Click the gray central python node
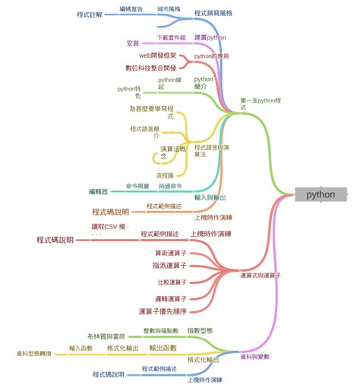(x=321, y=194)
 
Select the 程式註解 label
(x=91, y=14)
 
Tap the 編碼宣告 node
(x=131, y=8)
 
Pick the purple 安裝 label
(x=132, y=43)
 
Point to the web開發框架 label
(x=157, y=55)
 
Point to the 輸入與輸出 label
(x=210, y=197)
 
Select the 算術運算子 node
(x=170, y=252)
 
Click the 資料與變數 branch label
(x=254, y=356)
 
